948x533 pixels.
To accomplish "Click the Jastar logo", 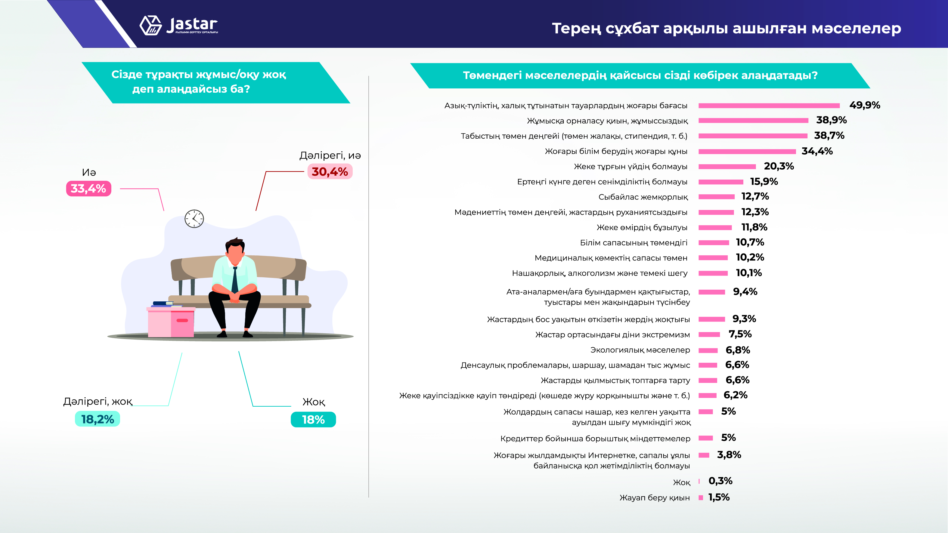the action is click(179, 25).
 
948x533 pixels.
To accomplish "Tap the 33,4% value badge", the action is click(88, 188).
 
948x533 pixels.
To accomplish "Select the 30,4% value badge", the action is click(330, 171).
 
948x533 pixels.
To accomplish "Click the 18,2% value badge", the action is click(98, 419).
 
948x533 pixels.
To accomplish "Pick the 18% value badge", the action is click(313, 419).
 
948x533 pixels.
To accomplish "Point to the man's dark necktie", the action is click(235, 279).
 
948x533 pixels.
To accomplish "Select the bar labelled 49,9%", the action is click(769, 106).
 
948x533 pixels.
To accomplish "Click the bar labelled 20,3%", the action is click(727, 167).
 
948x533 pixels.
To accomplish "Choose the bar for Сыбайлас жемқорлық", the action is click(717, 197).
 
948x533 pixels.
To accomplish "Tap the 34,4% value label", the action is click(817, 151).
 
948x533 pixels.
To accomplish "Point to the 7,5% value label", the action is click(740, 334).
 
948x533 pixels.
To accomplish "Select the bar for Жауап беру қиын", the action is click(701, 498).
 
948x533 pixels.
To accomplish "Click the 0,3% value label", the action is click(720, 481).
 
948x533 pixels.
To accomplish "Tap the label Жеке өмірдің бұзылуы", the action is click(642, 227).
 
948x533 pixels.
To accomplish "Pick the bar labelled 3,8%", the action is click(704, 455).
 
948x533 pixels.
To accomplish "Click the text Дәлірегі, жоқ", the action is click(98, 401).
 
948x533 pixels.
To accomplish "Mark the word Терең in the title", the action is click(577, 28).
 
